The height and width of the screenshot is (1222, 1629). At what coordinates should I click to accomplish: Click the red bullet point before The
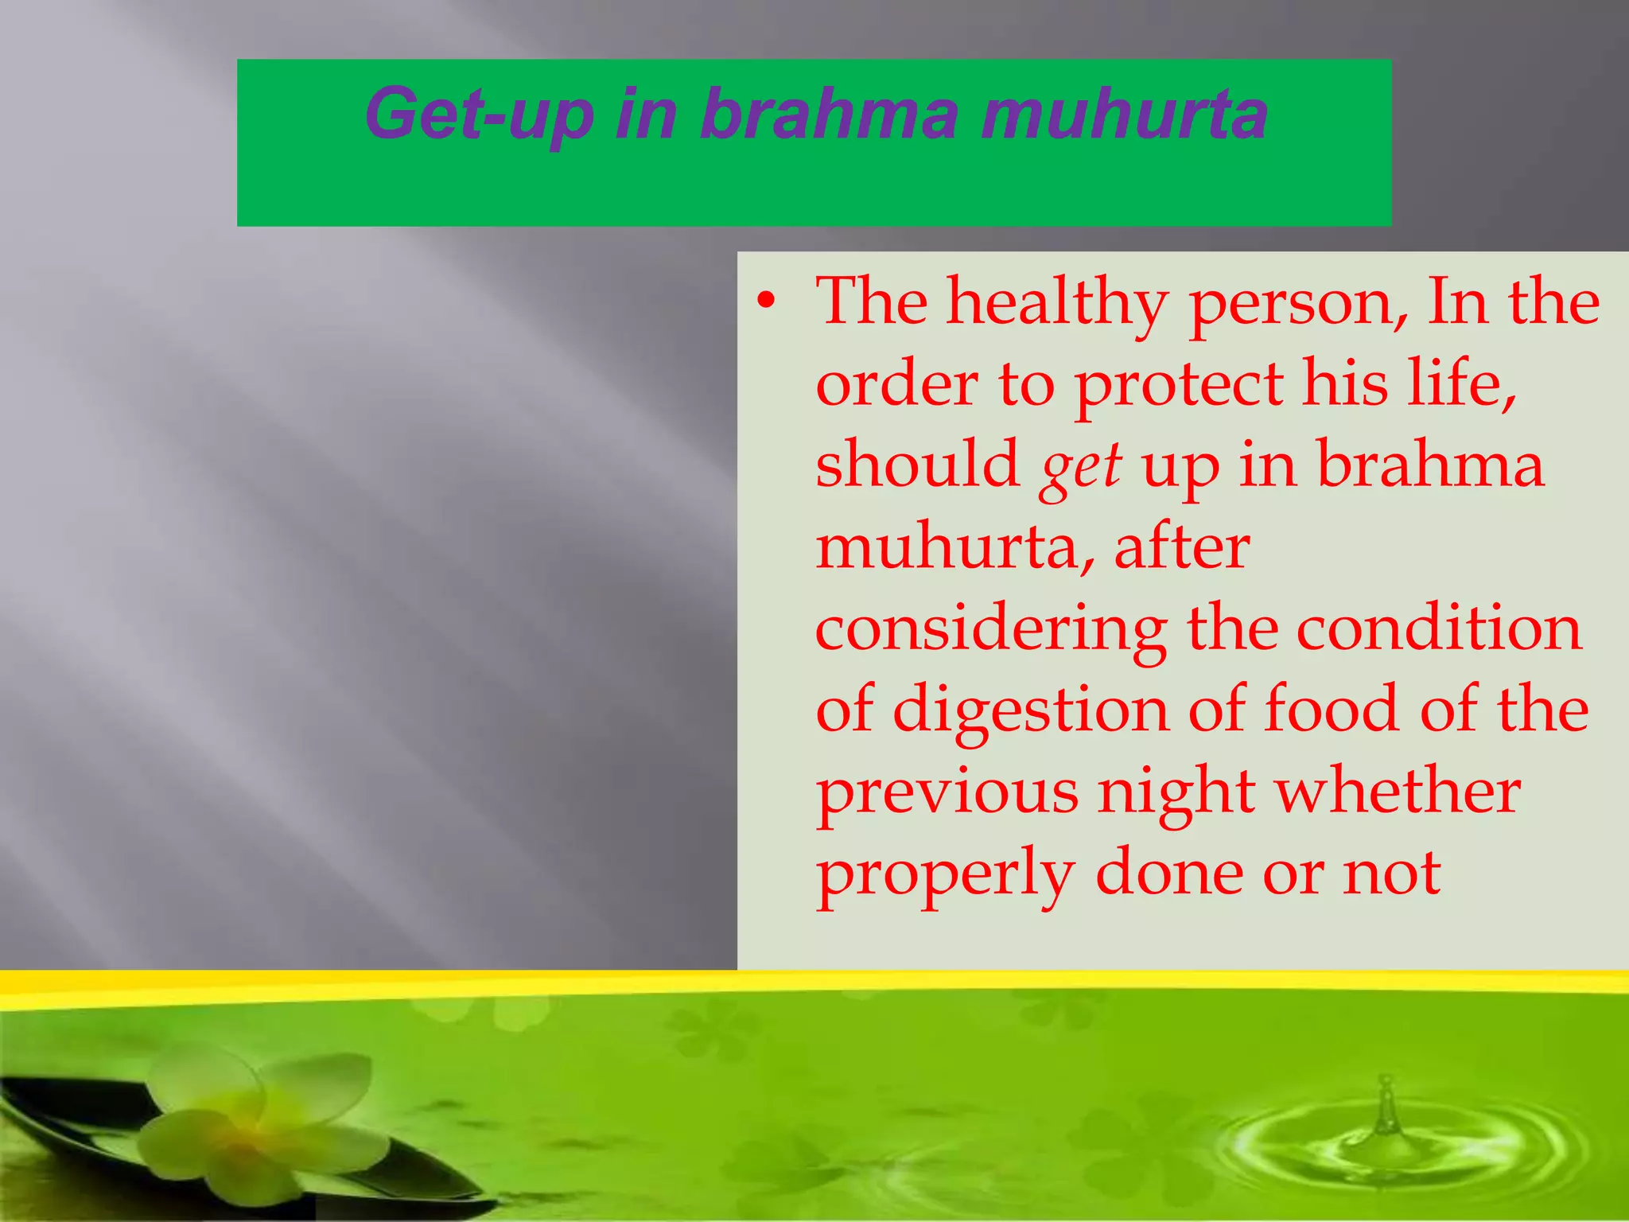click(765, 302)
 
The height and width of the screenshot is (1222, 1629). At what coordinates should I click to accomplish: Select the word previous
click(947, 794)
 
